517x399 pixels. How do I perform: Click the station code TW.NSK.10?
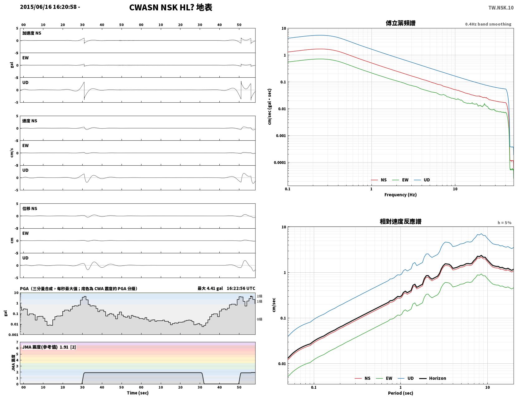point(501,7)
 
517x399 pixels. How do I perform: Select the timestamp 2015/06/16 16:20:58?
point(48,7)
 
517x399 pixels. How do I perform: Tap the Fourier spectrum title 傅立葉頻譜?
point(400,23)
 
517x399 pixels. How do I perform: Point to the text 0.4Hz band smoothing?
point(488,24)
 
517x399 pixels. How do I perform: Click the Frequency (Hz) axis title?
point(400,195)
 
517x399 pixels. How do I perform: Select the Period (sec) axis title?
point(400,393)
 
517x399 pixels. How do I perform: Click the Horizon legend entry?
point(433,378)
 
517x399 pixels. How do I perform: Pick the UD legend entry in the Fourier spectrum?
point(422,180)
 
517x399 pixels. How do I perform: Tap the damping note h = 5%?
point(505,223)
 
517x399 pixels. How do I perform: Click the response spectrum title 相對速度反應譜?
point(400,221)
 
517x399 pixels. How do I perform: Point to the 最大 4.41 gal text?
point(210,288)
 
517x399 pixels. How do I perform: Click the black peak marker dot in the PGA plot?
point(251,296)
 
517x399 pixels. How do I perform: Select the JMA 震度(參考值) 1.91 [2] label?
point(49,347)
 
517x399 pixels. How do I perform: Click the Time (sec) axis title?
point(137,393)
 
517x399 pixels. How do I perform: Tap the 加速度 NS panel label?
point(32,33)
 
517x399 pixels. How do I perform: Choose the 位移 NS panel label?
point(30,208)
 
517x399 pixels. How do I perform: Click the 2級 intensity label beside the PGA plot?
point(259,296)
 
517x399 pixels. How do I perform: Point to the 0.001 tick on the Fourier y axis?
point(281,136)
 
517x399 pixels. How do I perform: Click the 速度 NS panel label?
point(30,121)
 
